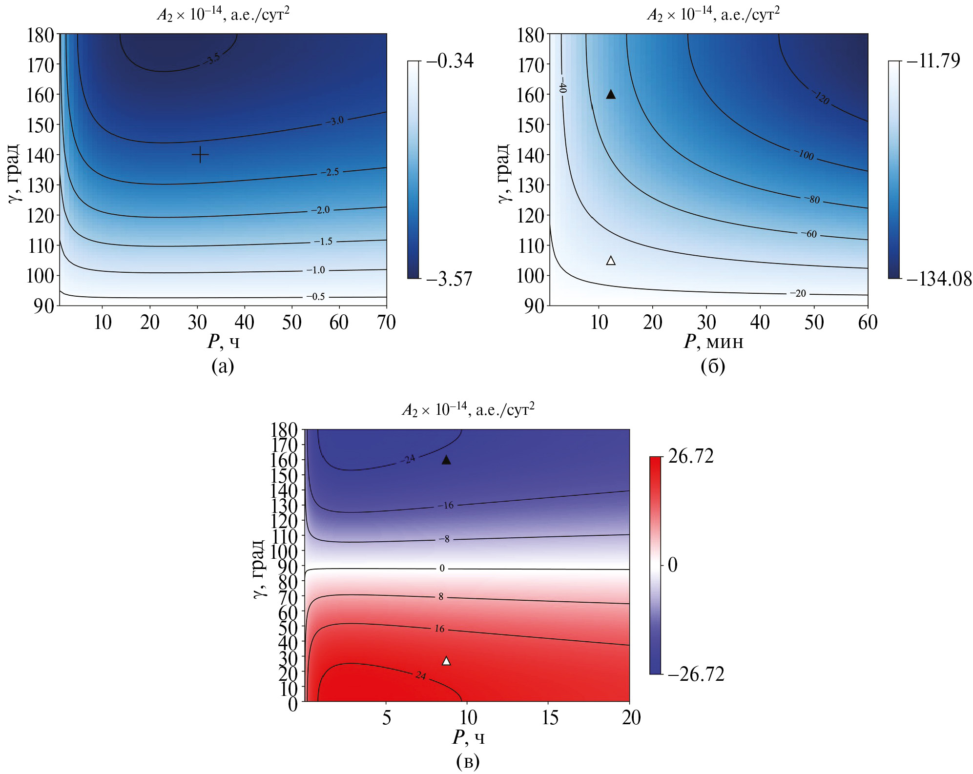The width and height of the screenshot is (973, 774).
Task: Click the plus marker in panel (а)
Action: [200, 155]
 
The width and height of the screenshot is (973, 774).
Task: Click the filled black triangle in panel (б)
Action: [611, 95]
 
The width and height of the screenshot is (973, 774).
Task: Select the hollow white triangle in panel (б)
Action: [611, 261]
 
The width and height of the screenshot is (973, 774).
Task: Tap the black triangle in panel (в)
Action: [446, 460]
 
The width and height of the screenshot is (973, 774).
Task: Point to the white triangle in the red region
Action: [446, 661]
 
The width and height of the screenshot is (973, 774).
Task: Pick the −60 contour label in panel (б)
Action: [809, 234]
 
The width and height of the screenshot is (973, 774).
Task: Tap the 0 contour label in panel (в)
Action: [442, 568]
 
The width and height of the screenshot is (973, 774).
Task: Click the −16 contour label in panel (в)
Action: [445, 506]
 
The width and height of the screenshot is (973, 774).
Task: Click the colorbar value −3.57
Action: [449, 279]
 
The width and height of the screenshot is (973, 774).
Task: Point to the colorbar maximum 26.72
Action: [691, 456]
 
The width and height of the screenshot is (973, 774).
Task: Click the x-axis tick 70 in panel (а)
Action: [386, 323]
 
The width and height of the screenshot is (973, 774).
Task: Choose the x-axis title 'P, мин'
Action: [713, 342]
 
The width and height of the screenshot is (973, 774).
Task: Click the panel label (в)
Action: [468, 761]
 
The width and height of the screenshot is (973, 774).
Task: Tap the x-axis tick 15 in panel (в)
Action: [550, 718]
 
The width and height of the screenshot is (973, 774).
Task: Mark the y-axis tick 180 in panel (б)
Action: [531, 36]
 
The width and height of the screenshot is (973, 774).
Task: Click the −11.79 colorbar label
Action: [933, 61]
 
